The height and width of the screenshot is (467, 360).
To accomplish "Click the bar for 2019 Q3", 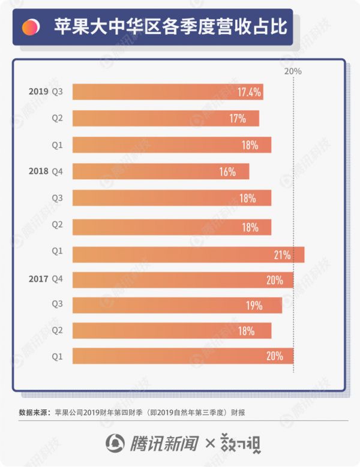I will (167, 92).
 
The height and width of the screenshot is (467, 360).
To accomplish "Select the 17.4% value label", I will (248, 92).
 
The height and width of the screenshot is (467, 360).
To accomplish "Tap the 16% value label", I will (227, 172).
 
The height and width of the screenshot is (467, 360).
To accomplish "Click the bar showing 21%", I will (188, 255).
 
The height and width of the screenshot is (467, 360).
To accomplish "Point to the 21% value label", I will (282, 255).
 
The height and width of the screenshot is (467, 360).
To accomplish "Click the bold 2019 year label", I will (38, 92).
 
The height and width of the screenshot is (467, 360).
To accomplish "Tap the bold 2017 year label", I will (38, 278).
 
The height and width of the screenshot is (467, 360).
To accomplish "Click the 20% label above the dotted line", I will (293, 71).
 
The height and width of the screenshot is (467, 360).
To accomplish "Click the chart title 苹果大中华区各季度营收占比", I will (170, 27).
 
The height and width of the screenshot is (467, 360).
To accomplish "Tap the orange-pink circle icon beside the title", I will (30, 27).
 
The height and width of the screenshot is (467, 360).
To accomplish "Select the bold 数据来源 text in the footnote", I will (33, 412).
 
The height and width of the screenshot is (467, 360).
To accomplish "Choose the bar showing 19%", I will (177, 305).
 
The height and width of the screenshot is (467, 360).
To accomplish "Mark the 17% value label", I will (238, 119).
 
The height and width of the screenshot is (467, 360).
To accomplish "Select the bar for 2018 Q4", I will (160, 172).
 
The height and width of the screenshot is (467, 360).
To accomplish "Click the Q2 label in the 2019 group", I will (58, 119).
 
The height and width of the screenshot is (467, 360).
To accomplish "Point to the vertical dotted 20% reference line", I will (293, 228).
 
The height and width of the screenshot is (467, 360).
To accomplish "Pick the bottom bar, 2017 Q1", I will (182, 356).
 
